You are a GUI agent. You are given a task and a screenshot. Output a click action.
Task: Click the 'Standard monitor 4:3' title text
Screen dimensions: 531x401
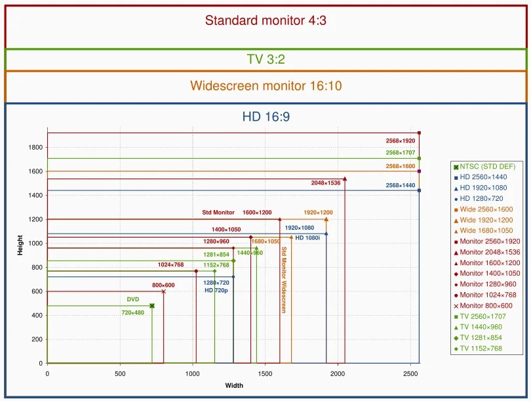[x=265, y=20]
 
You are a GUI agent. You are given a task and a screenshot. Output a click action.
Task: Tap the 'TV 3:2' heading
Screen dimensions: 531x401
[x=266, y=59]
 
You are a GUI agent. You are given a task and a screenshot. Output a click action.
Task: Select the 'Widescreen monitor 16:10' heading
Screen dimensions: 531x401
[x=266, y=85]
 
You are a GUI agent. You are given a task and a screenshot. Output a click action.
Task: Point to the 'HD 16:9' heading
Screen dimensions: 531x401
[x=266, y=117]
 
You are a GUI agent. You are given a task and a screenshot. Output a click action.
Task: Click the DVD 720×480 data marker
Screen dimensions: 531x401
[x=152, y=306]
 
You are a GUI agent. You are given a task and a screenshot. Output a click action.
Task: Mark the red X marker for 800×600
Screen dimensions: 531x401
[x=164, y=291]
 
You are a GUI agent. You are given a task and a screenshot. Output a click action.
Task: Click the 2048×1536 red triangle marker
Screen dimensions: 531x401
[x=345, y=179]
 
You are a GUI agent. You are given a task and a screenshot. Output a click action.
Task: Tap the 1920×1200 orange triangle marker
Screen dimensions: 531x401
[x=326, y=219]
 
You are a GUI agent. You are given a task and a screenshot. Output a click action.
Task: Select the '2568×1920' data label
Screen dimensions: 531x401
[x=401, y=140]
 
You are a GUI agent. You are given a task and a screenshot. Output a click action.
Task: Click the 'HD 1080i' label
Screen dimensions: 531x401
[x=307, y=238]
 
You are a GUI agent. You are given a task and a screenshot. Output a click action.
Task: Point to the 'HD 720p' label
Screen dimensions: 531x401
[x=216, y=291]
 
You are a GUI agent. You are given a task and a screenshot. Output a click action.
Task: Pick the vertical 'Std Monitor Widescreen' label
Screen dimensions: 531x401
[x=284, y=280]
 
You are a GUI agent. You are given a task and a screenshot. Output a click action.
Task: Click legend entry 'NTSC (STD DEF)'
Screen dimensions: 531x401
[x=484, y=167]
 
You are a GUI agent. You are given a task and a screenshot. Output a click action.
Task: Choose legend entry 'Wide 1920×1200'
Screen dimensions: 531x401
[x=483, y=220]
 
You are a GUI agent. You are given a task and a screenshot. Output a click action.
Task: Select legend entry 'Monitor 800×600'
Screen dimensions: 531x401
[x=483, y=305]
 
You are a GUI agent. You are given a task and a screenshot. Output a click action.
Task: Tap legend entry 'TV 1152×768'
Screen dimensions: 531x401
[x=478, y=348]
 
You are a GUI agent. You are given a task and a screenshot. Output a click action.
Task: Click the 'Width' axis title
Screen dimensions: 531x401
[x=234, y=385]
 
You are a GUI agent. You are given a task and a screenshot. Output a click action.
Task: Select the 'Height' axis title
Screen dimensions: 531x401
[x=20, y=245]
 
